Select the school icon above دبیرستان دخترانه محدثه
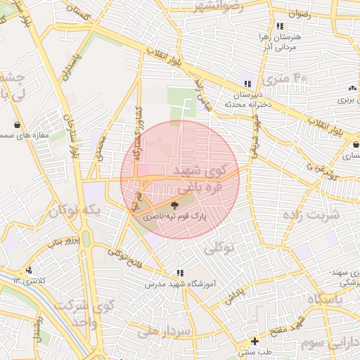click(246, 83)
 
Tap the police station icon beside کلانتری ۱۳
click(29, 270)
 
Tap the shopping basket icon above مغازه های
click(16, 125)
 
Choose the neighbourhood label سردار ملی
click(165, 330)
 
